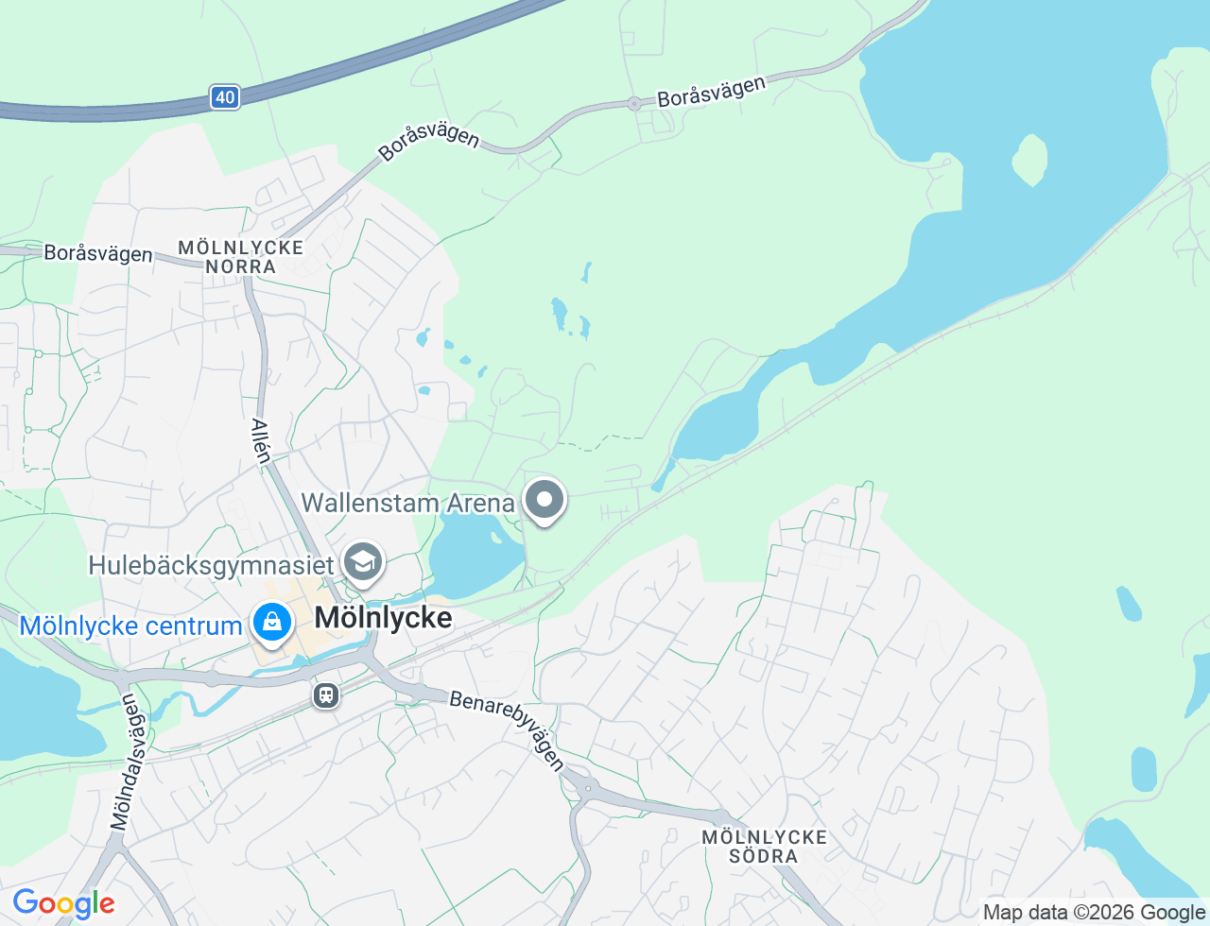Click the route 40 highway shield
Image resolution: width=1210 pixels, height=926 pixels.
point(224,97)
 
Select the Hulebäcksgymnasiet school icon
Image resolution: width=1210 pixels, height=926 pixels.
point(362,563)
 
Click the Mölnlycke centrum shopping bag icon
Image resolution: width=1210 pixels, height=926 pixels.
point(272,624)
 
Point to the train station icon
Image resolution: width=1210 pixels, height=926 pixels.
point(326,696)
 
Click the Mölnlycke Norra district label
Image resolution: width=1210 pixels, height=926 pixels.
point(241,257)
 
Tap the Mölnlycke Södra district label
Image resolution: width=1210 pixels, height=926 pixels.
point(764,847)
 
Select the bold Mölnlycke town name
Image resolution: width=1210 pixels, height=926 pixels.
point(383,618)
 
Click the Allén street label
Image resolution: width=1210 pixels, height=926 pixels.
point(261,441)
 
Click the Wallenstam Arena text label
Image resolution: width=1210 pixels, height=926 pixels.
point(407,503)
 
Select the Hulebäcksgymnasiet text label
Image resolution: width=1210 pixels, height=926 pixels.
point(211,566)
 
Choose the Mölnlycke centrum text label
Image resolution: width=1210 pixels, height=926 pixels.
point(130,626)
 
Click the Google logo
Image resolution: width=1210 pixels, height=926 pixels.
point(63,904)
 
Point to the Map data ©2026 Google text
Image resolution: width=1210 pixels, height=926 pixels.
point(1094,913)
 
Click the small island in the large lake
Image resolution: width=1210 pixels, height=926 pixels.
point(1028,160)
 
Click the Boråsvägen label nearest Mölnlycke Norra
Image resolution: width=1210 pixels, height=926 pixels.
point(97,254)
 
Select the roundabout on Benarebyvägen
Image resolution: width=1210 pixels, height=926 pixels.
point(588,786)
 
